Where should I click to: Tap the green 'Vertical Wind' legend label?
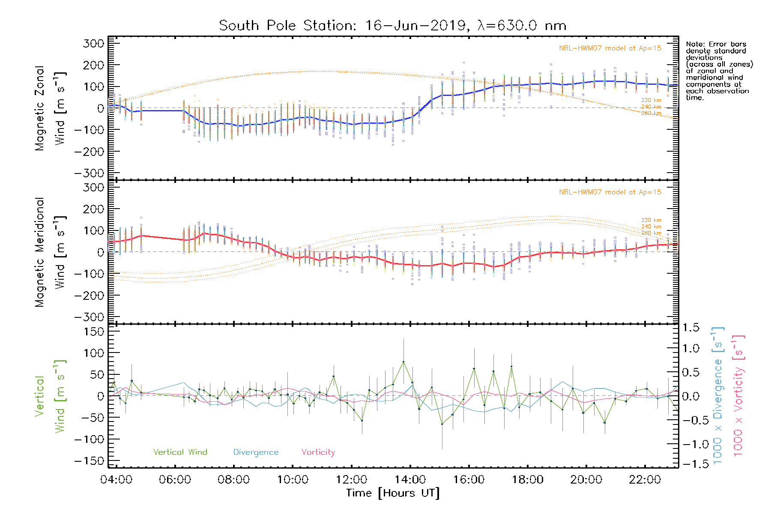[x=180, y=452]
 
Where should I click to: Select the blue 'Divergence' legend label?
[x=256, y=452]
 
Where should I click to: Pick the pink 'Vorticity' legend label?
[x=318, y=452]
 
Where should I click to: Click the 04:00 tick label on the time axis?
[x=116, y=480]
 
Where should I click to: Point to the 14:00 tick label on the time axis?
[x=410, y=480]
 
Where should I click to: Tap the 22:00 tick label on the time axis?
[x=645, y=480]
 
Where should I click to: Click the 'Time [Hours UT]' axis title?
[x=393, y=493]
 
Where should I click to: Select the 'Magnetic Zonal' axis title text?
[x=40, y=108]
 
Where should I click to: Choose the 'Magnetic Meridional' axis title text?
[x=40, y=252]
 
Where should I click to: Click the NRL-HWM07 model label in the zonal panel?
[x=610, y=48]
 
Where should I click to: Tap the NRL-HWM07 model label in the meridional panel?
[x=610, y=192]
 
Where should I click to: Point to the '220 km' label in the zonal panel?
[x=651, y=100]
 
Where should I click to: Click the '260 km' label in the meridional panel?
[x=651, y=233]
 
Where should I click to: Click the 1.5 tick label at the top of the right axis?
[x=690, y=328]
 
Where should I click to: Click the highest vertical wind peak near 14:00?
[x=403, y=362]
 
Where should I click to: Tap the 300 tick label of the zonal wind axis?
[x=94, y=43]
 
